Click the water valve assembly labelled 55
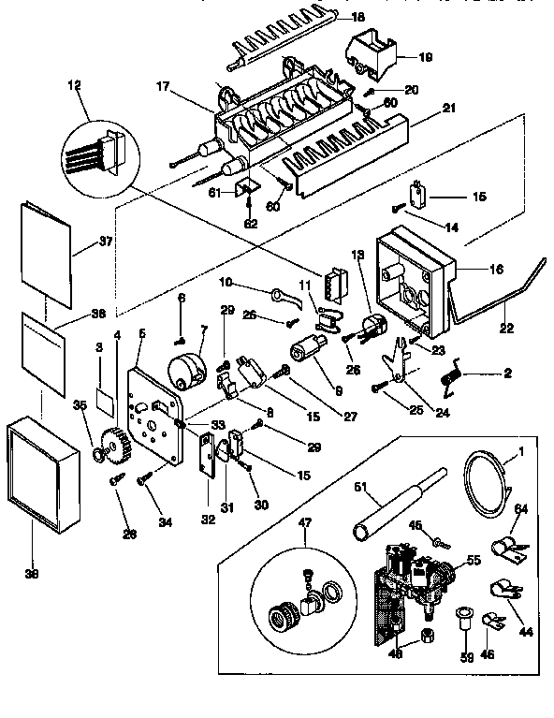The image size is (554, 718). pos(414,576)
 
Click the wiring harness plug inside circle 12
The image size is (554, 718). pos(97,154)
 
